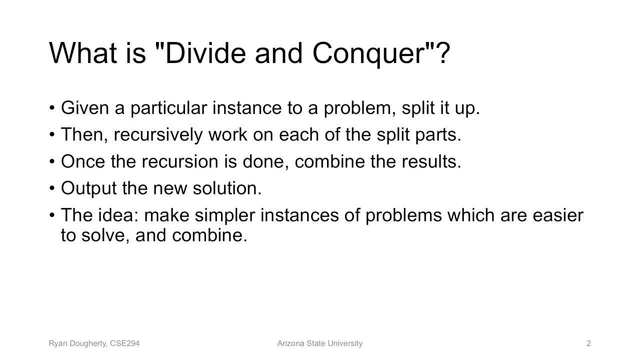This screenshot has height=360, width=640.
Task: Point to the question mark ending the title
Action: tap(443, 53)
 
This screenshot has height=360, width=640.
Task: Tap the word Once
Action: tap(81, 161)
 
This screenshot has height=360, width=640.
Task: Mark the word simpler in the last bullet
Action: tap(224, 215)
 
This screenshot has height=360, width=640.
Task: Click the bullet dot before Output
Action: tap(52, 189)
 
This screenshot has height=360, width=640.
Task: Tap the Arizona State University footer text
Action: tap(319, 343)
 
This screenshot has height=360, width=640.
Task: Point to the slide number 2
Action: tap(588, 343)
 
